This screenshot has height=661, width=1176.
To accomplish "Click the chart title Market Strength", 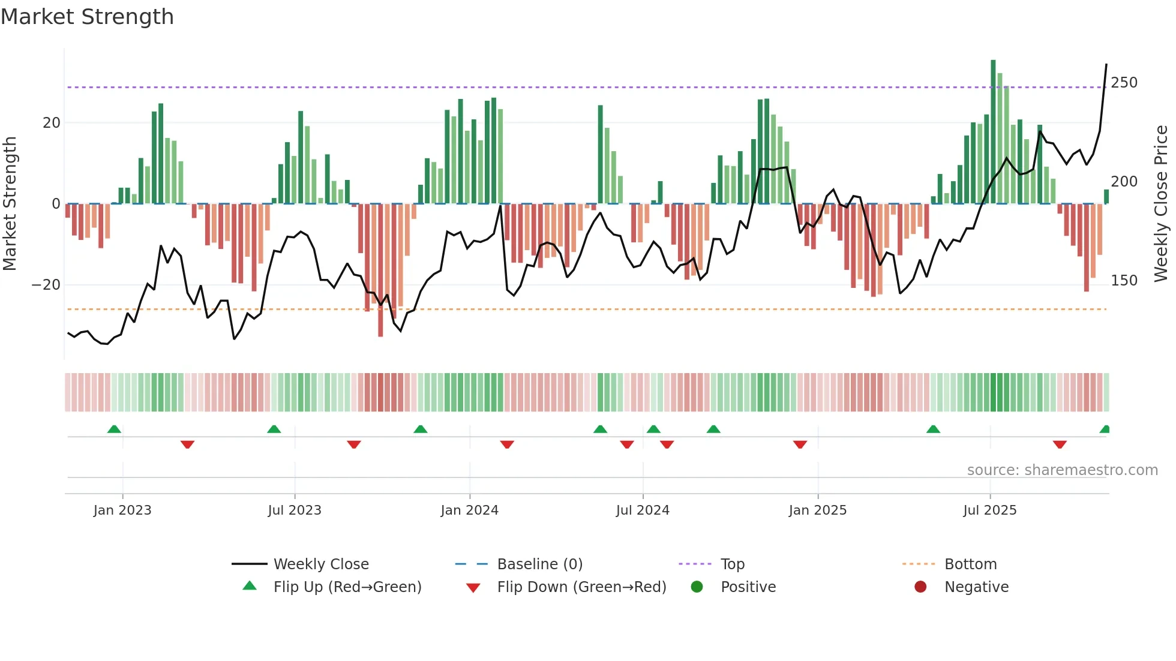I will pyautogui.click(x=88, y=17).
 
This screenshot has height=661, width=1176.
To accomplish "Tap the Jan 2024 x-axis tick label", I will pyautogui.click(x=469, y=510).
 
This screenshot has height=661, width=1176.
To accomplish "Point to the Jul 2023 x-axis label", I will pyautogui.click(x=295, y=510).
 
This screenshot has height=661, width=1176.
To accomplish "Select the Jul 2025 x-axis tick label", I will pyautogui.click(x=990, y=510).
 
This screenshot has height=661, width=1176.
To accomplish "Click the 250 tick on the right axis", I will pyautogui.click(x=1124, y=83).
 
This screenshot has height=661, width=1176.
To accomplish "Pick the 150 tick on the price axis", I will pyautogui.click(x=1124, y=281).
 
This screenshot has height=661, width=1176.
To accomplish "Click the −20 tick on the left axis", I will pyautogui.click(x=46, y=285).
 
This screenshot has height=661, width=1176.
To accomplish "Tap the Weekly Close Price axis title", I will pyautogui.click(x=1161, y=204).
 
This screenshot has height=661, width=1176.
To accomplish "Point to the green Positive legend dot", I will pyautogui.click(x=697, y=587).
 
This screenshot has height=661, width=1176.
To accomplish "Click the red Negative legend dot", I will pyautogui.click(x=920, y=587).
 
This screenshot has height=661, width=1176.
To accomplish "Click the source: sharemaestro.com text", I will pyautogui.click(x=1062, y=470).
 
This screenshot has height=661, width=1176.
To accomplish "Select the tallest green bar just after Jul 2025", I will pyautogui.click(x=993, y=132).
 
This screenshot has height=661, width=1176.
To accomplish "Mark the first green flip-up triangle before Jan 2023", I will pyautogui.click(x=114, y=429).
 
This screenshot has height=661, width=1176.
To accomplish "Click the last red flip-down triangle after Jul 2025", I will pyautogui.click(x=1060, y=444).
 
